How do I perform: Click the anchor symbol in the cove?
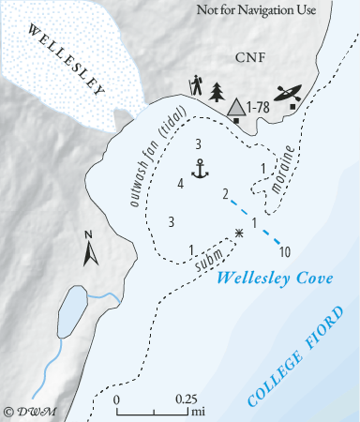199,169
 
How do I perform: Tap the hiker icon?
196,86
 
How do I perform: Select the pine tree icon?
217,92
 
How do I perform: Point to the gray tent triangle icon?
238,107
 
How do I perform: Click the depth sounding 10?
285,251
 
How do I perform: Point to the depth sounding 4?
179,183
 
